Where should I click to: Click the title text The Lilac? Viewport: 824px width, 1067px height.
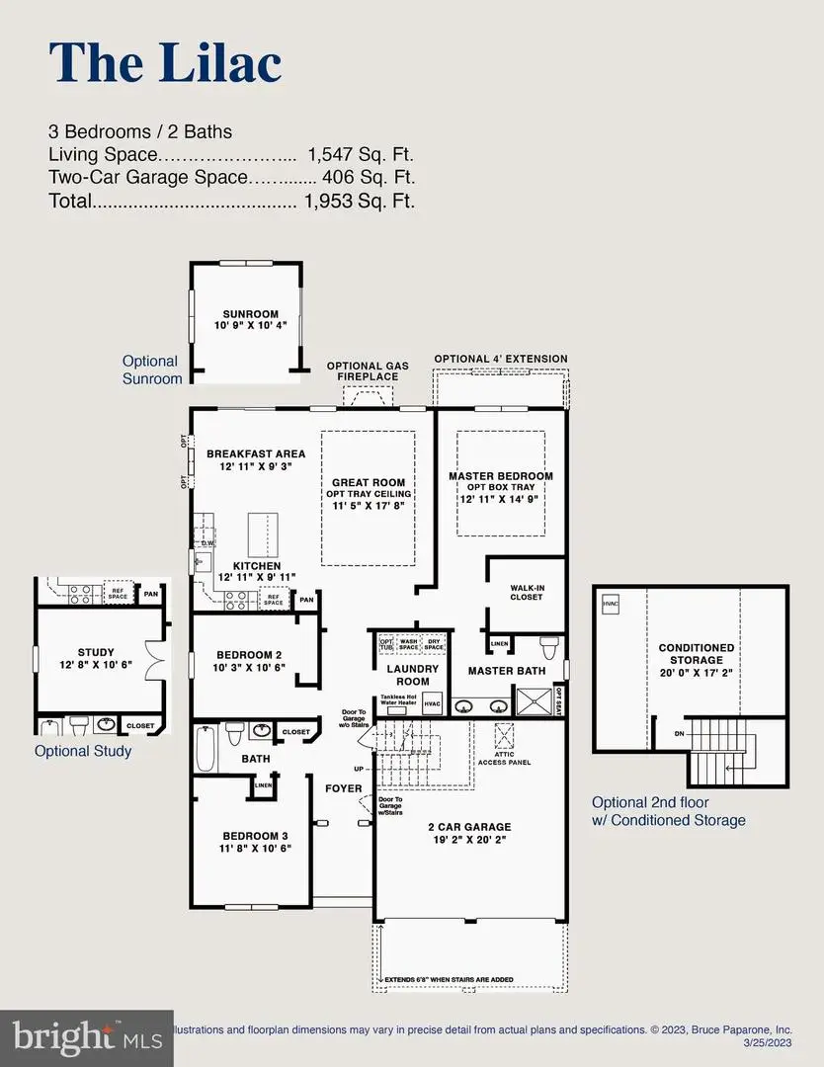coord(165,62)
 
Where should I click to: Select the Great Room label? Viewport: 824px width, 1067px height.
coord(369,483)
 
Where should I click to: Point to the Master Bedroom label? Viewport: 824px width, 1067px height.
coord(501,476)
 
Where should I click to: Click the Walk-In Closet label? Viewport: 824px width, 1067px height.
coord(527,592)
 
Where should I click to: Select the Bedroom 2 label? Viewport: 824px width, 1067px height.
coord(251,654)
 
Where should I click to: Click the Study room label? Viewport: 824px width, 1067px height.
coord(96,652)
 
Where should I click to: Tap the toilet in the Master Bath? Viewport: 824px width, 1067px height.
coord(549,648)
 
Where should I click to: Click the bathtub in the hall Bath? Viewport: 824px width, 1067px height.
coord(206,748)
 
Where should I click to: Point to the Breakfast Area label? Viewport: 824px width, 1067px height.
coord(256,453)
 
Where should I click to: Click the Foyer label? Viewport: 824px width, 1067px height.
coord(344,788)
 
